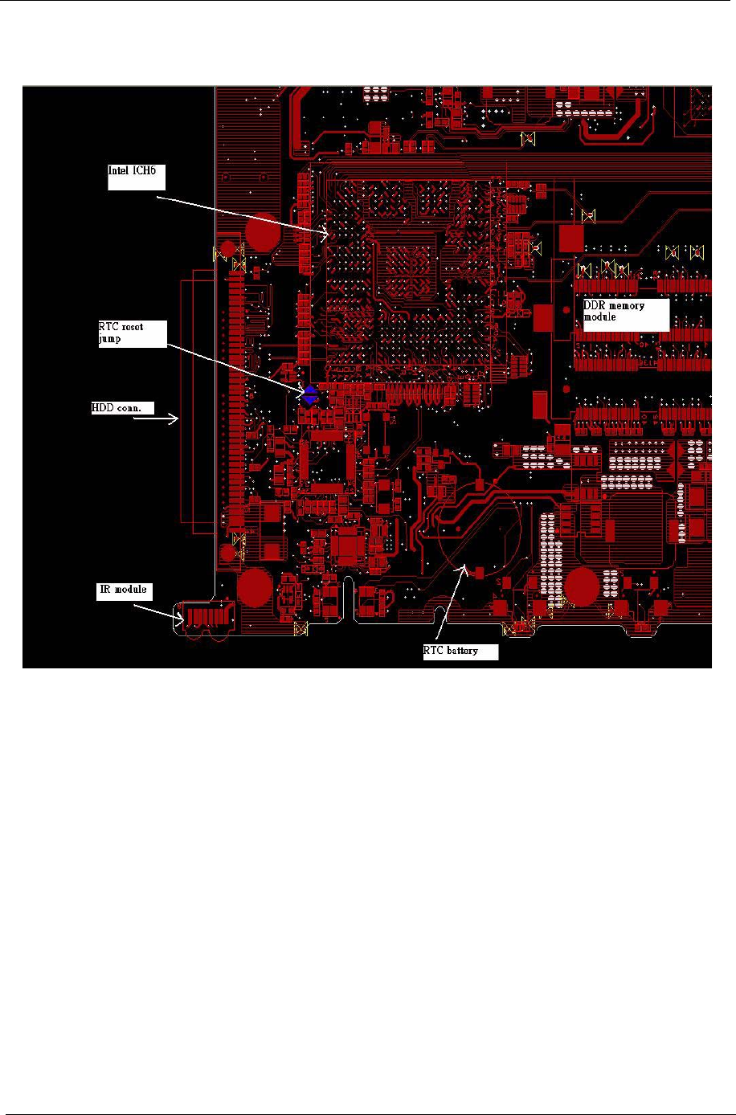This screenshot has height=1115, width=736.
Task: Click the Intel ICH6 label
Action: [x=132, y=176]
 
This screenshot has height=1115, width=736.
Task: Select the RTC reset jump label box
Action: [x=132, y=333]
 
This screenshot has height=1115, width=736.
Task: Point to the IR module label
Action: [x=123, y=590]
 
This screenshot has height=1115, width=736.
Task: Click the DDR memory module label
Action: [x=625, y=313]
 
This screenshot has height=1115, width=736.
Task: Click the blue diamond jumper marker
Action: [x=310, y=394]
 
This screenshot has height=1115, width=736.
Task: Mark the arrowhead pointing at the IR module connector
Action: [x=181, y=618]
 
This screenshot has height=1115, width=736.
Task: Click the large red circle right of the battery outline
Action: [x=580, y=588]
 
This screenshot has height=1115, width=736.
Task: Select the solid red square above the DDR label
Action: [x=570, y=238]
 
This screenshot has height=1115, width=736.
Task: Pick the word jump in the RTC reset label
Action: [x=109, y=339]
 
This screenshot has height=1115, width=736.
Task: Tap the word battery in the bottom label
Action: [x=464, y=651]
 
